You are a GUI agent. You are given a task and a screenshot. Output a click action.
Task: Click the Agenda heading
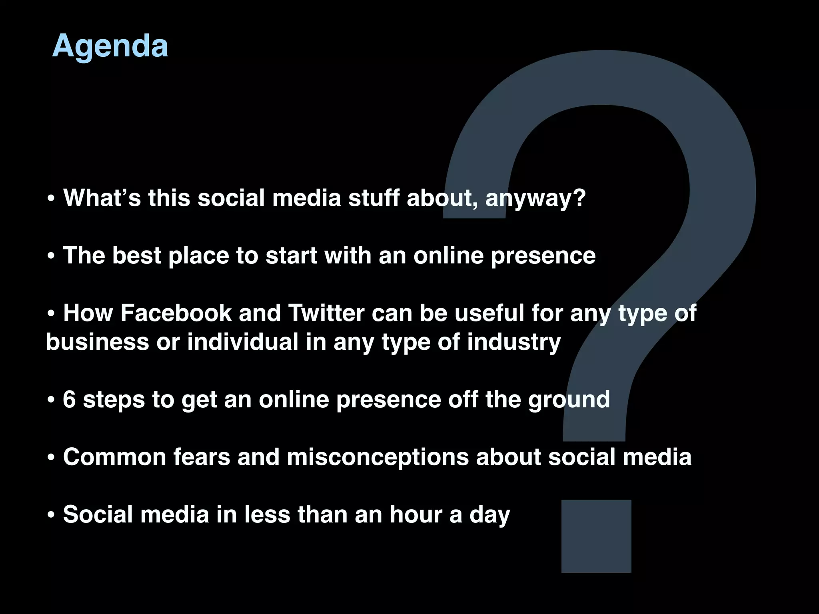110,46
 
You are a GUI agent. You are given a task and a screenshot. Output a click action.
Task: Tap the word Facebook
176,313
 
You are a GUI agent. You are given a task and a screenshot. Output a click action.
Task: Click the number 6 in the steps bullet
69,399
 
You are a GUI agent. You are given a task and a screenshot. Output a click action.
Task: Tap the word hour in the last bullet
416,514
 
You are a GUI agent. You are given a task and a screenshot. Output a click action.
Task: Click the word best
136,255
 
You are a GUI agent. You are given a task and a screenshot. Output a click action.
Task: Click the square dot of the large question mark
596,536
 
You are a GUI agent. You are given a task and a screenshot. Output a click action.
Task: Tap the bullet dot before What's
51,199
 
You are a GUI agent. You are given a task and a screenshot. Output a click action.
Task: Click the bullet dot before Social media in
51,515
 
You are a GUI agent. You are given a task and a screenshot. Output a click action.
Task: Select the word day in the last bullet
490,515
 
